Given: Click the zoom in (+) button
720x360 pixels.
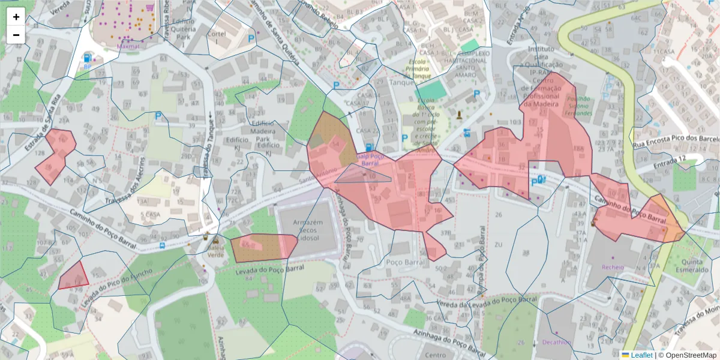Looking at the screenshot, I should pos(16,17).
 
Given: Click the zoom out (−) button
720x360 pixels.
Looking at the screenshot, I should pos(16,35).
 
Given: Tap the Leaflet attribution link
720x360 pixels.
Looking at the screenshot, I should pos(641,355).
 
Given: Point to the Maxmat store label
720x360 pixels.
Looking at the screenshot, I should pos(128,45).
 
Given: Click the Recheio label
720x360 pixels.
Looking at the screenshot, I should pos(613,266).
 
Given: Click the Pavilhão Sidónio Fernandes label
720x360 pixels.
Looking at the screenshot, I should pos(574,106).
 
